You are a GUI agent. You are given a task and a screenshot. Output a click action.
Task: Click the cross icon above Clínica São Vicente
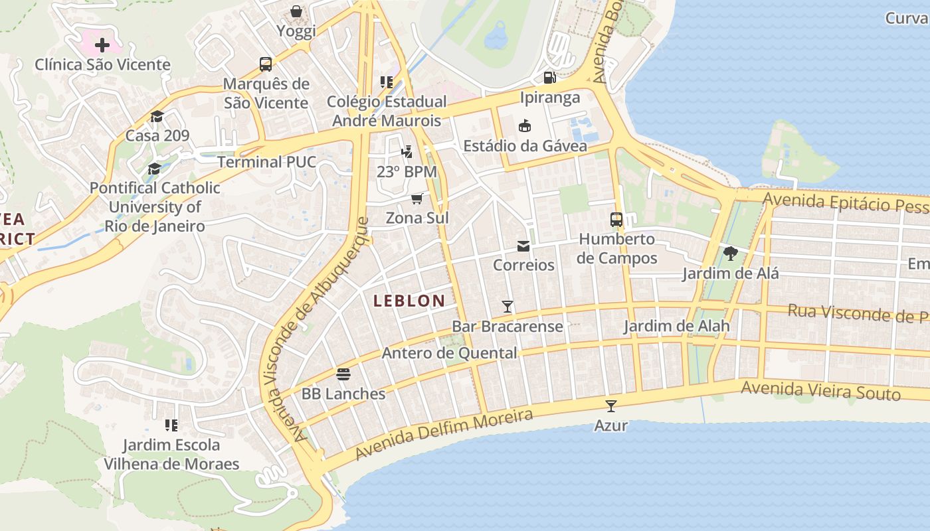102,45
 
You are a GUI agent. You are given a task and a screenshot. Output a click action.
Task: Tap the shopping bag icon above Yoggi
296,11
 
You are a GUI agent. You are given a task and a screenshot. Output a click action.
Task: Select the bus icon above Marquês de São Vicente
266,64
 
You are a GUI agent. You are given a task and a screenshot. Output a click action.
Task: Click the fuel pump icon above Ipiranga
549,78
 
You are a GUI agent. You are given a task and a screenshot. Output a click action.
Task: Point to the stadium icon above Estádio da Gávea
525,125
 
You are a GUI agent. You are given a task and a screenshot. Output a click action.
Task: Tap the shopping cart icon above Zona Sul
417,198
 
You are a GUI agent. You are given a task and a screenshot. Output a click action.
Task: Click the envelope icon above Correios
523,246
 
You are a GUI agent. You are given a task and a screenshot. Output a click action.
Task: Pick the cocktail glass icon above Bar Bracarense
508,306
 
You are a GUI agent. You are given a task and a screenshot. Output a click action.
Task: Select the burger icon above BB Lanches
343,374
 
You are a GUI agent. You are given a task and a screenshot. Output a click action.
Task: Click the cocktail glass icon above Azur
610,406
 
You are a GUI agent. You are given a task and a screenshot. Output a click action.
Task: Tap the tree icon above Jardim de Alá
731,253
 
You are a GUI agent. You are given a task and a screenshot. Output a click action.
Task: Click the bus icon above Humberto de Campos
616,220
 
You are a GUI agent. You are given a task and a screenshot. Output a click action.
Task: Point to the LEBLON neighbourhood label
409,301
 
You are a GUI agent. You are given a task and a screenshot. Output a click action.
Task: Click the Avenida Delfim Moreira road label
444,435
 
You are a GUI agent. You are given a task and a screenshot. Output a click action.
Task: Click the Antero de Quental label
449,353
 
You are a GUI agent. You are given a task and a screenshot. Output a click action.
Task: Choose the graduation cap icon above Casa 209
157,116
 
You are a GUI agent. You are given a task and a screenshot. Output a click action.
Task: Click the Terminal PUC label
266,162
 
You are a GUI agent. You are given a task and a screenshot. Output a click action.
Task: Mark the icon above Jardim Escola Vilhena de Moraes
171,425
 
